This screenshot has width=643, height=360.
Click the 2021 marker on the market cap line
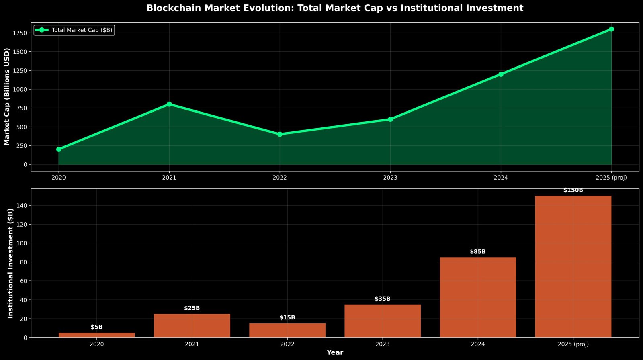click(x=169, y=104)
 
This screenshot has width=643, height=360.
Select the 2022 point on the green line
click(x=280, y=134)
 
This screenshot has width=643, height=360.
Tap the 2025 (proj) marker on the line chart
click(x=611, y=29)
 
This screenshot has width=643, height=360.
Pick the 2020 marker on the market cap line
click(x=59, y=149)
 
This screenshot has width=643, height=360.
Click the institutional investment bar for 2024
click(x=478, y=297)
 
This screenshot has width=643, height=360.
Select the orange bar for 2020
click(x=96, y=335)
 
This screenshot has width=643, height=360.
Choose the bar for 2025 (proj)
click(x=573, y=267)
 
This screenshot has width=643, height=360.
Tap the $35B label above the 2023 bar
click(x=383, y=299)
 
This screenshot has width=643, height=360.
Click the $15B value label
click(x=287, y=318)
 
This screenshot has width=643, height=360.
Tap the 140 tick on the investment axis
click(x=23, y=206)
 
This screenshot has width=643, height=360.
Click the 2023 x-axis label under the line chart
click(x=390, y=178)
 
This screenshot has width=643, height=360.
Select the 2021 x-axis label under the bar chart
click(x=192, y=344)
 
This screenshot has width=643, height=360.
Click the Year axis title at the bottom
click(x=335, y=352)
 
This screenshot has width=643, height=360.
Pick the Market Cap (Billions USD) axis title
click(x=7, y=96)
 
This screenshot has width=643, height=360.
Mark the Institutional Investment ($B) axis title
click(x=10, y=263)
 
